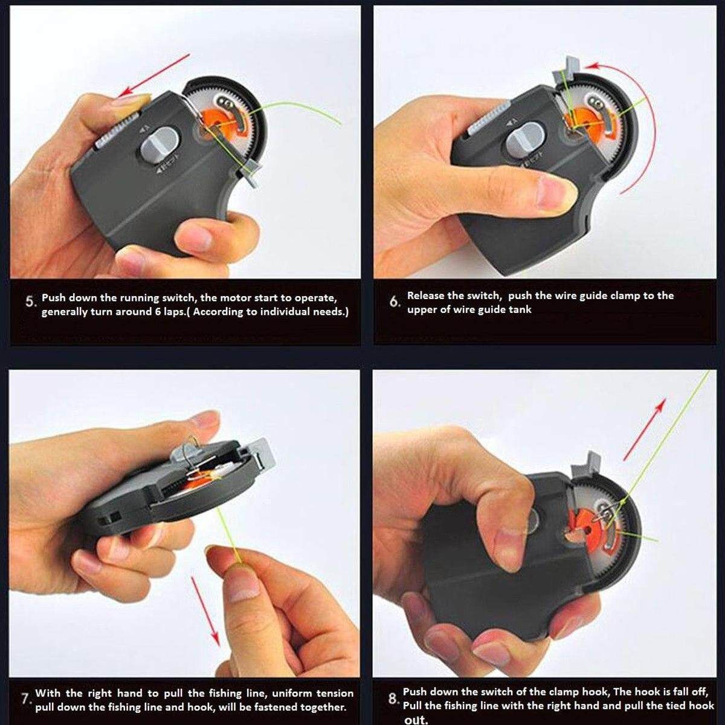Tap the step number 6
tap(395, 301)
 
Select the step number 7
tap(27, 699)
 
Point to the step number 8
tap(393, 699)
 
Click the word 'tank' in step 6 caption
tap(520, 310)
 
